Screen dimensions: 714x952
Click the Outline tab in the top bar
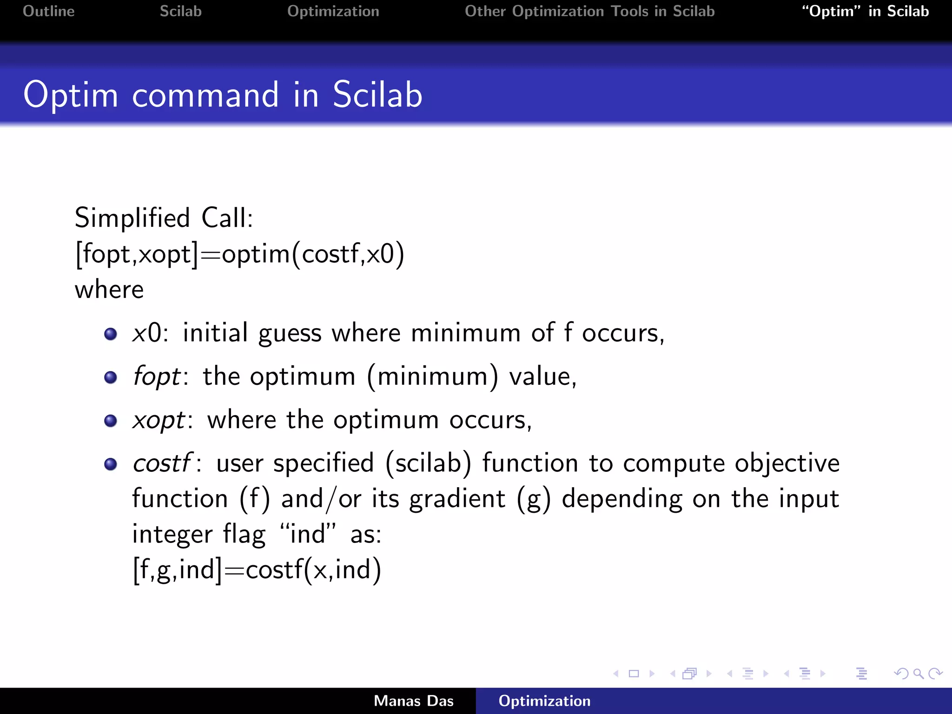pos(48,11)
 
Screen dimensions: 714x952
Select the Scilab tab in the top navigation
pos(180,11)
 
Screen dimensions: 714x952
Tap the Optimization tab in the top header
pos(333,11)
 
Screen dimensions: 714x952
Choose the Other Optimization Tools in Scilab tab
pos(589,11)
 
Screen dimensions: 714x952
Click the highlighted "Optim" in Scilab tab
pos(865,11)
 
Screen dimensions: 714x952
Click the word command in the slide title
pos(205,95)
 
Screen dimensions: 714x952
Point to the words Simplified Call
pos(164,218)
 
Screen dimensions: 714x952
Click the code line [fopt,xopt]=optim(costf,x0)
pos(239,254)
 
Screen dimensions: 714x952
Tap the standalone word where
pos(109,290)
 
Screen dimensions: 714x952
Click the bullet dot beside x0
pos(111,334)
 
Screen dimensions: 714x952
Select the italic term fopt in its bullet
pos(156,376)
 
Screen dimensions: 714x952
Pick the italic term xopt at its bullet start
pos(159,420)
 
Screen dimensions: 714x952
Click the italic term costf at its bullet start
pos(161,463)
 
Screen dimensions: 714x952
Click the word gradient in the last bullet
pos(457,499)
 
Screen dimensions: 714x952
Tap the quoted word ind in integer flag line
pos(307,534)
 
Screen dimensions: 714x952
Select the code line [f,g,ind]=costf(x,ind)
pos(257,570)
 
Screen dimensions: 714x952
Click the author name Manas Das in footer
pos(413,701)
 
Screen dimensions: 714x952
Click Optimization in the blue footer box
pos(544,701)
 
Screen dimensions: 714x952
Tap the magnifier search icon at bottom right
pos(918,674)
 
